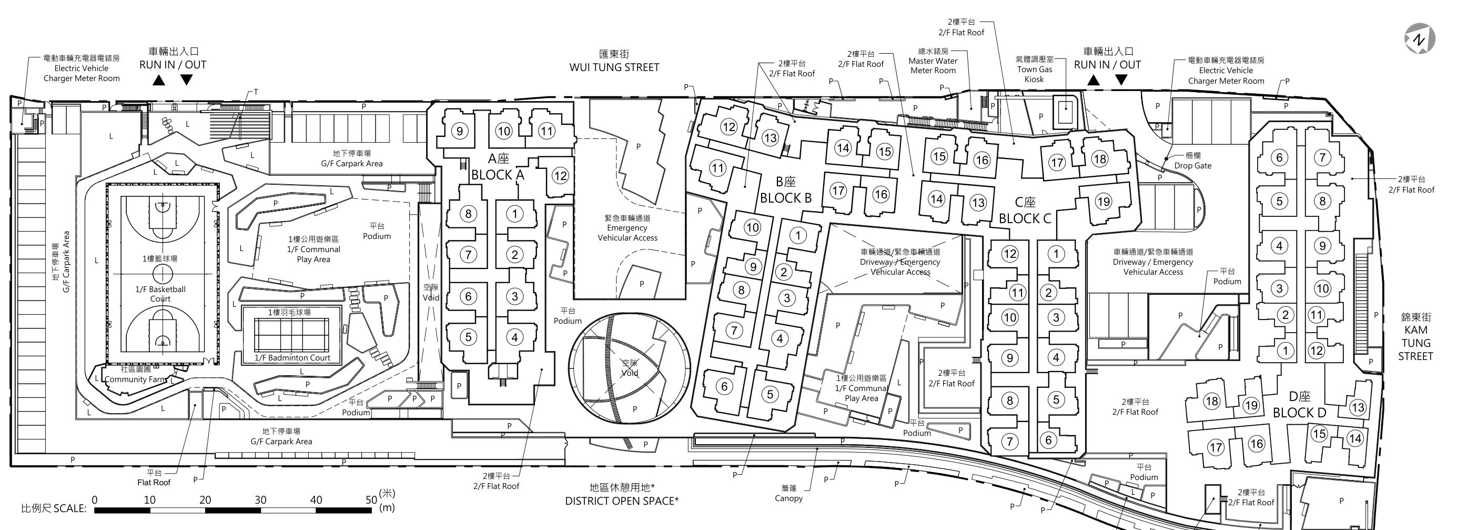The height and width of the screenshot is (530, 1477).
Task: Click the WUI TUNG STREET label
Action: [x=614, y=67]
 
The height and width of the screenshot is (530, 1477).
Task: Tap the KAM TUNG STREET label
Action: [x=1415, y=343]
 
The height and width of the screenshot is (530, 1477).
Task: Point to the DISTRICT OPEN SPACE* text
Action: [x=622, y=501]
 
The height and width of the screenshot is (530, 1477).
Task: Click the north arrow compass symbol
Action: [x=1420, y=39]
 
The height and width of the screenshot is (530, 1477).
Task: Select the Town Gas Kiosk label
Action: [x=1034, y=74]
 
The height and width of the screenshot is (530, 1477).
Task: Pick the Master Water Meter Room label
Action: [x=933, y=65]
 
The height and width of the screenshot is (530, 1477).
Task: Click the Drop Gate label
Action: [x=1192, y=166]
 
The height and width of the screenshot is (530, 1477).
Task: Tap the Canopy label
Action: [x=789, y=498]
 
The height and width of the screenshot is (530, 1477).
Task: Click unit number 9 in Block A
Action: [x=459, y=131]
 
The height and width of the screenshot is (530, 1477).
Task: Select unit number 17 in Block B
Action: [x=838, y=191]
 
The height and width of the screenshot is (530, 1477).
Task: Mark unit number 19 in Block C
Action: [x=1103, y=202]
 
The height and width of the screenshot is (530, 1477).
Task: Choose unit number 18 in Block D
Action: [x=1211, y=401]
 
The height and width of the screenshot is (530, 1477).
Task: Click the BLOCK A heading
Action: [x=498, y=175]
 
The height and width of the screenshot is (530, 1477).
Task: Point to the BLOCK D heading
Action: [x=1299, y=413]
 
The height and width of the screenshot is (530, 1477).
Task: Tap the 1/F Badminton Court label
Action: [x=292, y=358]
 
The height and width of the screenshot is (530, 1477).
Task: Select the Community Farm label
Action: [x=135, y=379]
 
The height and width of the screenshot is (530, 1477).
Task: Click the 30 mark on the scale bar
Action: [x=260, y=499]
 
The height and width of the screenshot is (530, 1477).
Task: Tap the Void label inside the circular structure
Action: [x=630, y=373]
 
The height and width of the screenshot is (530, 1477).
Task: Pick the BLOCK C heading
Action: [x=1025, y=218]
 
